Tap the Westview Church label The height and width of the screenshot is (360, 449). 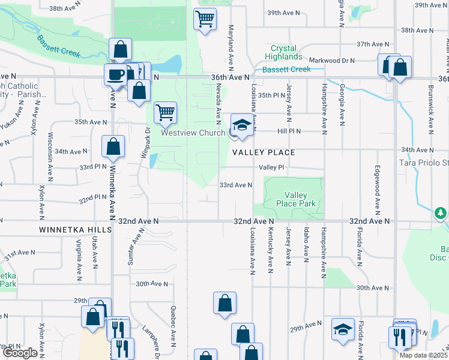click(x=192, y=133)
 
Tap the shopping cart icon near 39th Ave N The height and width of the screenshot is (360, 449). click(x=205, y=19)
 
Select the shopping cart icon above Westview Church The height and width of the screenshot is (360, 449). click(x=165, y=112)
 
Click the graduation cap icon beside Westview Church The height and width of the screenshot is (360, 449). click(x=242, y=124)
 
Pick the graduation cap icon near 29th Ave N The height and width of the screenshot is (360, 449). click(x=343, y=329)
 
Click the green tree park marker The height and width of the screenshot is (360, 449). click(x=441, y=213)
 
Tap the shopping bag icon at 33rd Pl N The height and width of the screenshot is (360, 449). click(x=113, y=147)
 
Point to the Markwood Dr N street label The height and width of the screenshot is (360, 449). click(x=331, y=61)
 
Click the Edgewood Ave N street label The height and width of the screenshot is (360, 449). click(x=378, y=190)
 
